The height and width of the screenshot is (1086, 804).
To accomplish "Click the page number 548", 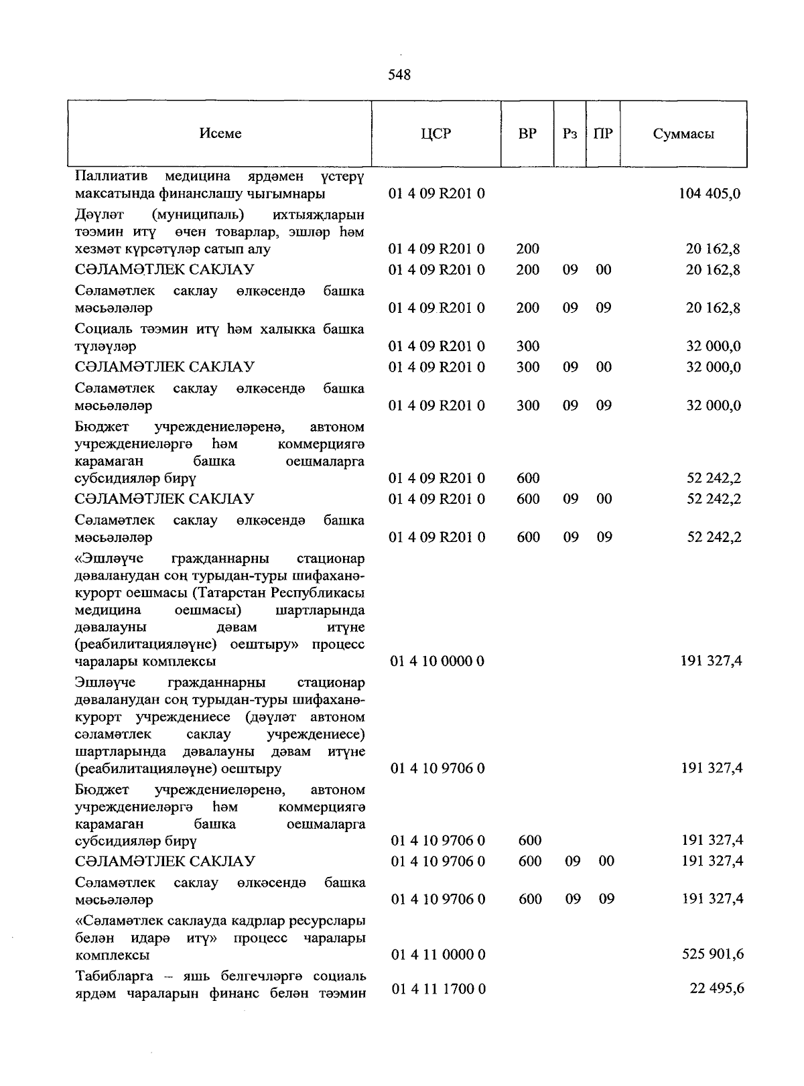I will tap(399, 75).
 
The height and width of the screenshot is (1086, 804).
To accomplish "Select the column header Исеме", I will tap(220, 133).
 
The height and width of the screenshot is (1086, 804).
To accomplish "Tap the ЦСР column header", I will tap(436, 133).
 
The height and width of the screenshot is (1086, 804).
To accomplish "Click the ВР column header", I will tap(527, 133).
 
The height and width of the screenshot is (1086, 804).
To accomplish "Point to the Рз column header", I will tap(569, 133).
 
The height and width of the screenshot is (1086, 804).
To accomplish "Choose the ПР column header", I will tap(603, 133).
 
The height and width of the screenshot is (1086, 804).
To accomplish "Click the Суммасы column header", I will tap(683, 133).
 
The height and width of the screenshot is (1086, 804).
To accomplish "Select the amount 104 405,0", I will tap(710, 194).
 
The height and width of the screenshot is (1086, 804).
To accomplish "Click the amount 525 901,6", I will tap(712, 954).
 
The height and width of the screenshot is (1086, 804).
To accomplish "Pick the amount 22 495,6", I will tap(716, 988).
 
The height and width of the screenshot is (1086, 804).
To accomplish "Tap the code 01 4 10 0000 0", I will tap(438, 661).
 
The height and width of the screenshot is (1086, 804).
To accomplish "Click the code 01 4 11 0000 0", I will tap(438, 954).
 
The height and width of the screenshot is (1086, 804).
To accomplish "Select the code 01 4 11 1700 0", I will tap(438, 988).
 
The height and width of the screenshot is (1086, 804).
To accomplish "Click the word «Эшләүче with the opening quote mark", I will tap(110, 558).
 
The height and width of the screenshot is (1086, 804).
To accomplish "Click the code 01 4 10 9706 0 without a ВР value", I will tap(438, 768).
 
